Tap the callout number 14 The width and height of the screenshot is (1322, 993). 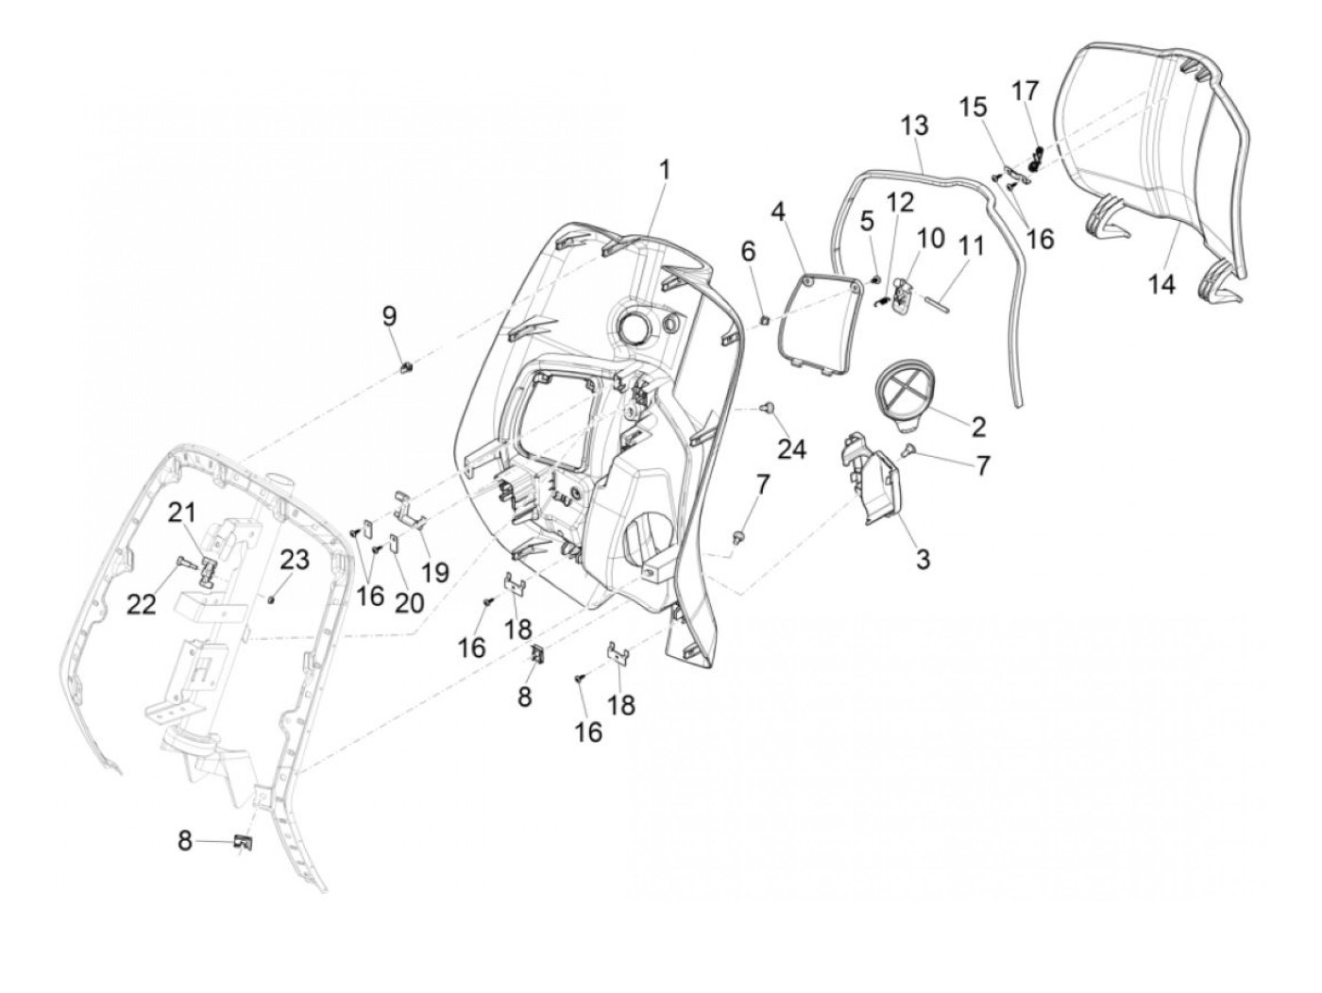click(1161, 283)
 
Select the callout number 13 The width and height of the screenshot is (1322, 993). click(914, 126)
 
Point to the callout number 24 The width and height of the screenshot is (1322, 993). click(791, 447)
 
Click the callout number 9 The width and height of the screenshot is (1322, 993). click(390, 316)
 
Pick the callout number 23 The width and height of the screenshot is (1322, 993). click(295, 560)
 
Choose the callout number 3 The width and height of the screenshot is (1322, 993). click(922, 559)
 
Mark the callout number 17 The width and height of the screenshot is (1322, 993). click(1025, 91)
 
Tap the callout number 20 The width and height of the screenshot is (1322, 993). click(409, 603)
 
